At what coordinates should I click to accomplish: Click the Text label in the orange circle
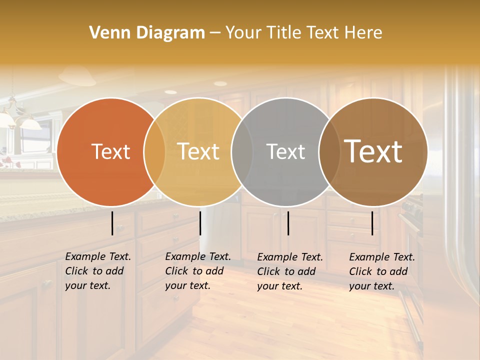110,152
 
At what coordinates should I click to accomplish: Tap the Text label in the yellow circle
198,152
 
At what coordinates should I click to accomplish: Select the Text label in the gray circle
285,152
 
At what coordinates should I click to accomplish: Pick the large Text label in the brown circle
373,152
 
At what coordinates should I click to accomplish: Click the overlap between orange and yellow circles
154,152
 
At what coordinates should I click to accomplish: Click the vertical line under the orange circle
112,223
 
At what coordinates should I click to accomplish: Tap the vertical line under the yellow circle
200,223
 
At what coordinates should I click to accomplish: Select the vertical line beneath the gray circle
288,223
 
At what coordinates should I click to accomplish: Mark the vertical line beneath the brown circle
372,223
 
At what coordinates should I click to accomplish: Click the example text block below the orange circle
97,271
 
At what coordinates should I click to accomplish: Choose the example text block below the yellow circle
197,271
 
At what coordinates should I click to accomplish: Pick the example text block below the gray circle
289,271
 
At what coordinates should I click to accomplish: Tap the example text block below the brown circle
381,271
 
